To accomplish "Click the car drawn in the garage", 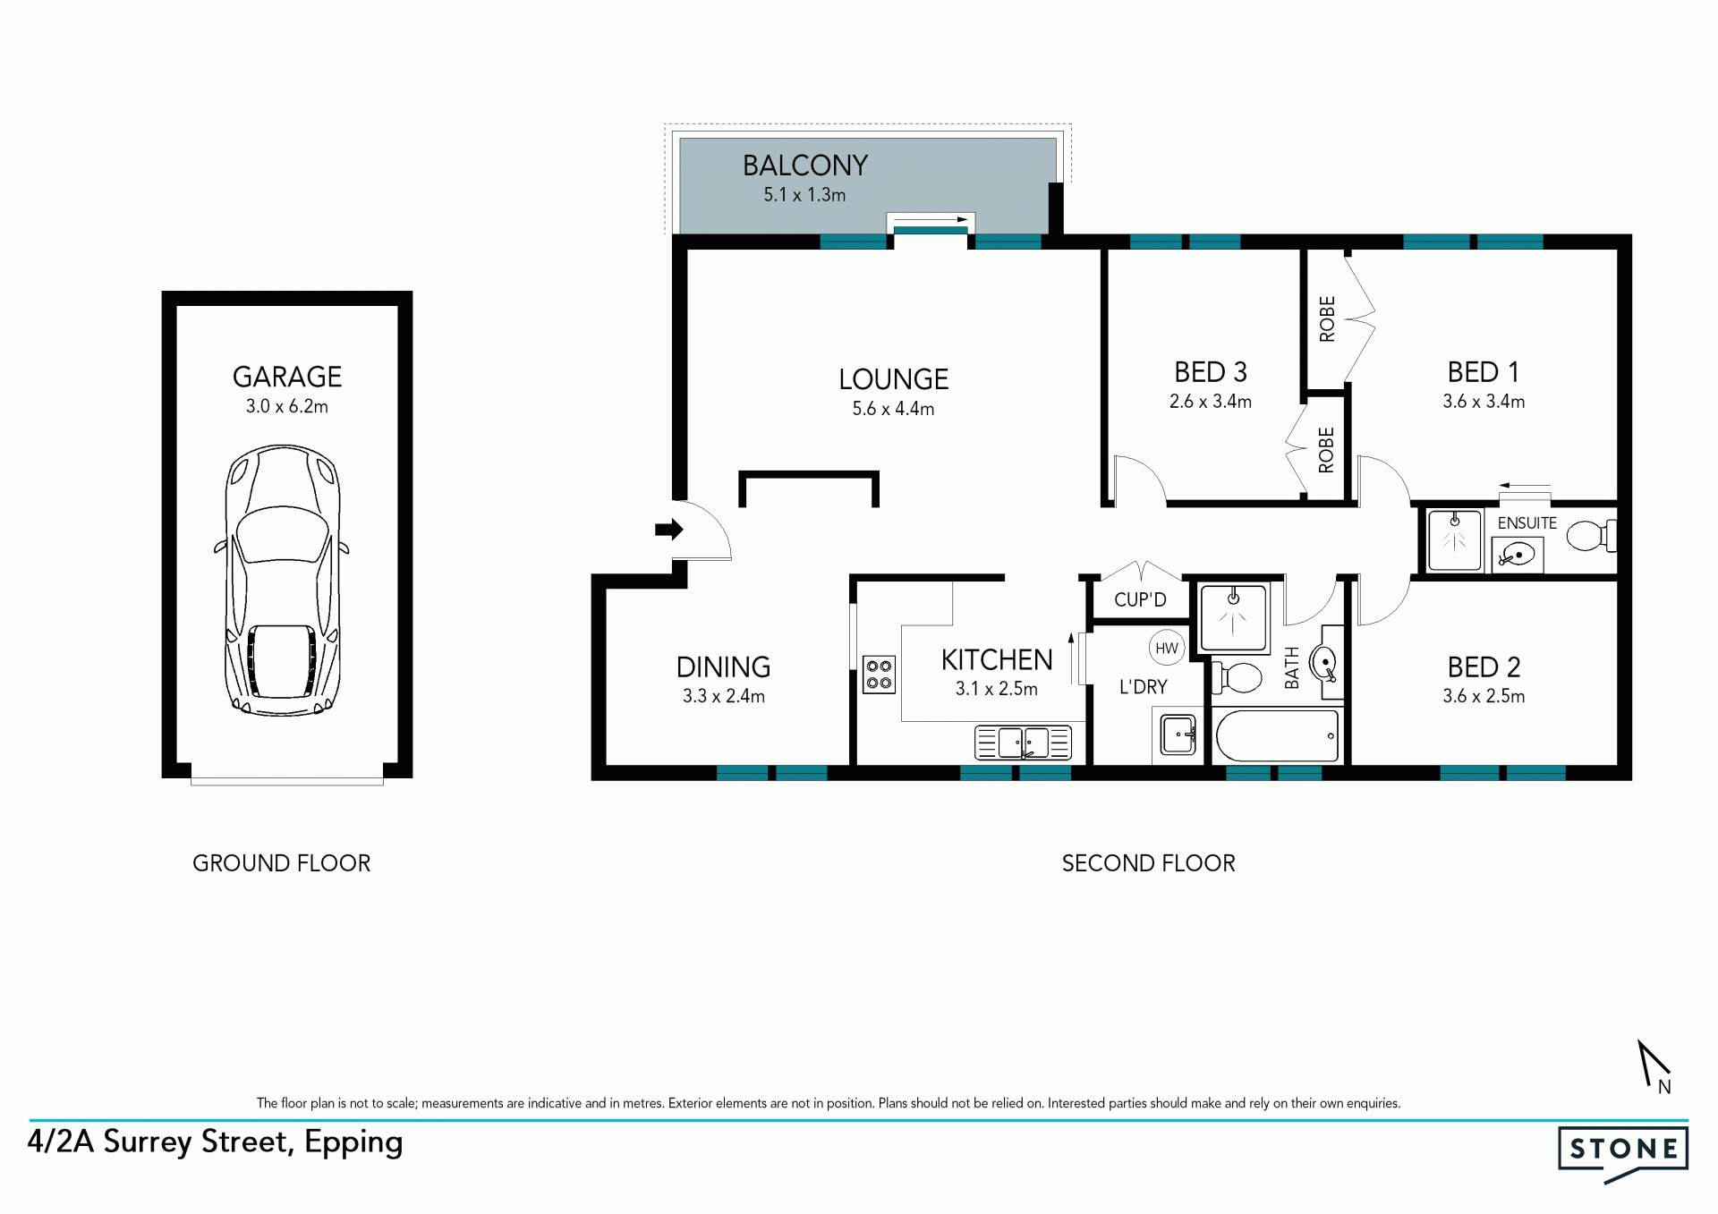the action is point(282,580).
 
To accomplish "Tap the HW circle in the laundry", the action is point(1167,648).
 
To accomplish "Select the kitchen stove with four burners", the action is point(879,675).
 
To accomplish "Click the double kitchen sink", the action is point(1023,743).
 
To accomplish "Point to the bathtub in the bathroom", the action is point(1276,735).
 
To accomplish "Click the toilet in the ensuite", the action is point(1591,536).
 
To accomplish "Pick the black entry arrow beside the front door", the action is point(669,530).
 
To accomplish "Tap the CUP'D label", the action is point(1140,599).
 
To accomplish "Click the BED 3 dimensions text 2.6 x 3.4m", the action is point(1210,402).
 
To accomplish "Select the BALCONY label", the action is point(805,166).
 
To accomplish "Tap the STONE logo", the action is point(1623,1153).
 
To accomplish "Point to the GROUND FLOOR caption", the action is point(281,863).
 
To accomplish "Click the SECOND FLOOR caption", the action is point(1148,863).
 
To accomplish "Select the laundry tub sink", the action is point(1178,735).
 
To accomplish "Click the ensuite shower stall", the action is point(1455,540).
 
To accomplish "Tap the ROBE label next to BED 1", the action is point(1327,318).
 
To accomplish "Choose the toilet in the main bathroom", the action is point(1237,677).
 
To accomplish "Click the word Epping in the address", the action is point(353,1143).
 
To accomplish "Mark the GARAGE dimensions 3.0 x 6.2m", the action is point(287,406).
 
